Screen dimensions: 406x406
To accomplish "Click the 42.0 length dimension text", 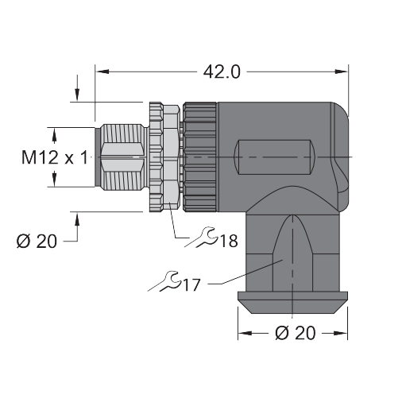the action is (x=222, y=72).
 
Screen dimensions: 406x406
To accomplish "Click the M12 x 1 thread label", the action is (x=55, y=157).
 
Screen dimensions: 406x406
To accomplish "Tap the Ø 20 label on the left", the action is (x=37, y=242).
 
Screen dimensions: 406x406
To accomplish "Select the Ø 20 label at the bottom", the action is (x=296, y=333).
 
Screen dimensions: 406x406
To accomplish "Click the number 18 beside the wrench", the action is (x=229, y=241).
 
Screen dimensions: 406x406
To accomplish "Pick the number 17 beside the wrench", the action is (x=191, y=285).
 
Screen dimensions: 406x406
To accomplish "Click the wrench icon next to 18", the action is (x=201, y=238).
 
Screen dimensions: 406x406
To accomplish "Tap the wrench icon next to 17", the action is (x=164, y=281).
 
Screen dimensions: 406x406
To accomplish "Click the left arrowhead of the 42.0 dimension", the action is (x=102, y=72).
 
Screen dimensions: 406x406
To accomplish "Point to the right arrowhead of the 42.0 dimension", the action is (x=341, y=72).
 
